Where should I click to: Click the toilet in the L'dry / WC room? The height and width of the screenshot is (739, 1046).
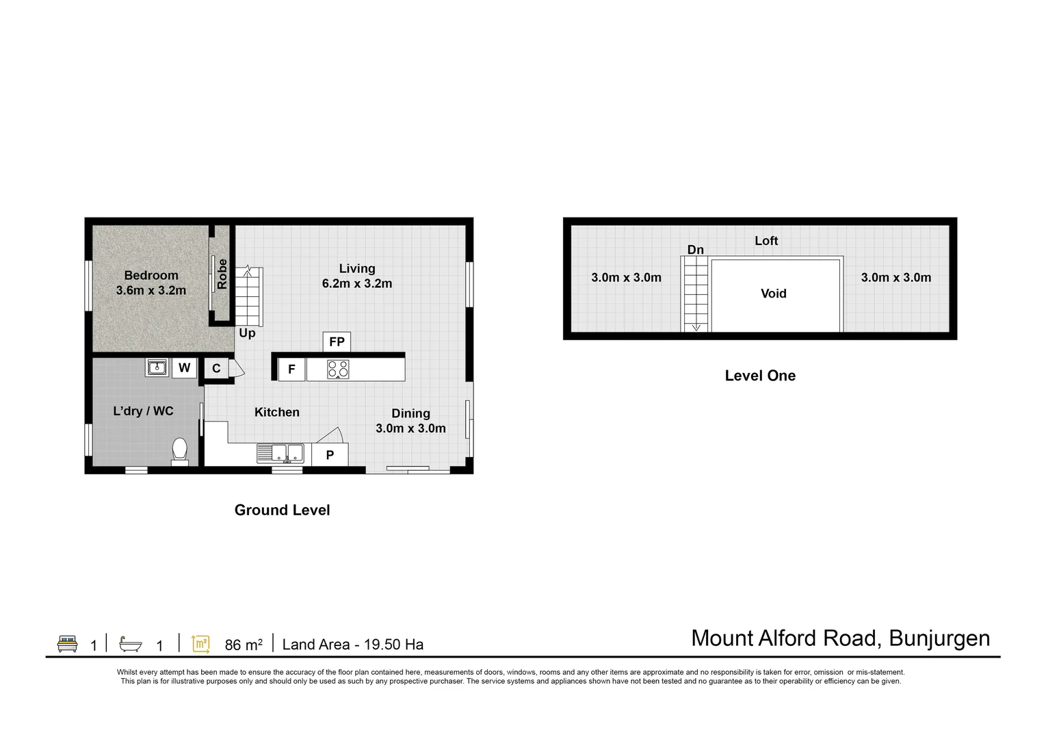(x=179, y=452)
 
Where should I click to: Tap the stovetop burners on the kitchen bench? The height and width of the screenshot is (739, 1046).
(x=338, y=369)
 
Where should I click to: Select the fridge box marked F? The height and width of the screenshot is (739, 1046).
(x=292, y=369)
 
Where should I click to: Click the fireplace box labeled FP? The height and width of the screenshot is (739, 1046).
(x=337, y=342)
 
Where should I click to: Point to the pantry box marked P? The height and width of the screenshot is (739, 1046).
(x=330, y=454)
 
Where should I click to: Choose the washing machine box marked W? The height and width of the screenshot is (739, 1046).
(x=184, y=367)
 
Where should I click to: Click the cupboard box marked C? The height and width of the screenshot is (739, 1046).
(x=216, y=369)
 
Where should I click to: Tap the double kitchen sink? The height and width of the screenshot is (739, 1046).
(x=280, y=453)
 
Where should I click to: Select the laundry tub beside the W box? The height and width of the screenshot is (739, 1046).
(x=157, y=367)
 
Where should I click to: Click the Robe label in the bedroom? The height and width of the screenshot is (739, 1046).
(x=222, y=274)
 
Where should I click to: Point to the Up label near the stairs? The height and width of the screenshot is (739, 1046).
(x=247, y=333)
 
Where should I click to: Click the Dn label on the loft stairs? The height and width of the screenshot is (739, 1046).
(x=695, y=250)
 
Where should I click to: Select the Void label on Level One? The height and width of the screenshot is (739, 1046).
(x=773, y=294)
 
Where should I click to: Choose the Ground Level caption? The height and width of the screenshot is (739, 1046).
(x=282, y=510)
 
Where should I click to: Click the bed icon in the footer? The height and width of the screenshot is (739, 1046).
(x=67, y=644)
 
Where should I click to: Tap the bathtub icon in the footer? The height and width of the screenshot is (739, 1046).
(x=130, y=644)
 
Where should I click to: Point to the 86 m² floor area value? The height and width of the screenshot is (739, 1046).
(x=244, y=645)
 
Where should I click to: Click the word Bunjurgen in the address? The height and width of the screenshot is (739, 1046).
(x=939, y=638)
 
